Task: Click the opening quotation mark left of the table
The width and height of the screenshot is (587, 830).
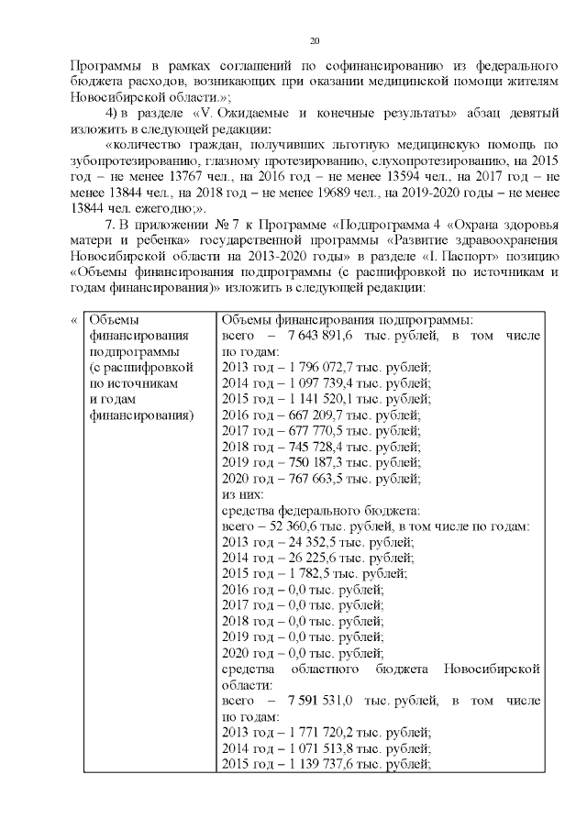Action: tap(73, 319)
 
